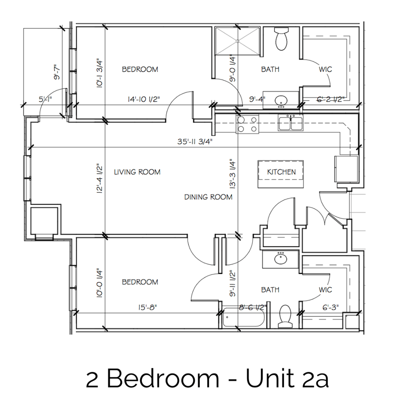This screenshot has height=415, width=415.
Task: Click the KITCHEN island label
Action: tap(281, 172)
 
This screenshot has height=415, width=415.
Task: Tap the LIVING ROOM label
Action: tap(137, 172)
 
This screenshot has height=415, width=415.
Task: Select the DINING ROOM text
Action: tap(208, 197)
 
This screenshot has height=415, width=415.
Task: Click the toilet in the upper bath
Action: tap(281, 39)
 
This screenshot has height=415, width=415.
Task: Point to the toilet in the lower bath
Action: tap(286, 317)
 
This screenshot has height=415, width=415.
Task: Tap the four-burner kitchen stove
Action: tap(248, 124)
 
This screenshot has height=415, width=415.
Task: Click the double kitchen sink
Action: tap(291, 123)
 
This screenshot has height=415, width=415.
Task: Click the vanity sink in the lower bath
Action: tap(280, 259)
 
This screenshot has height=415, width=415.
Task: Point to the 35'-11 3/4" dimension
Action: tap(195, 142)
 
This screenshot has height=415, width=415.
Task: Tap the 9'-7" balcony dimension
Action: tap(59, 71)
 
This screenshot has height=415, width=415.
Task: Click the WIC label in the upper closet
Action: tap(325, 69)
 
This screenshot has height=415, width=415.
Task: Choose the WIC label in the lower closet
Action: tap(325, 290)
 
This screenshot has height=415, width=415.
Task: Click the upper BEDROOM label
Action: tap(140, 69)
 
